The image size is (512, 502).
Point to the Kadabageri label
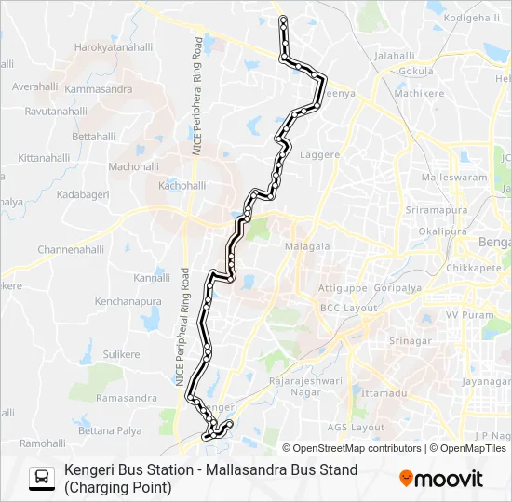83,194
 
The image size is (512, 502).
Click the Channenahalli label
71,250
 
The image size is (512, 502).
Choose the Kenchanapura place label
128,301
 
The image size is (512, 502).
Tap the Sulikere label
121,354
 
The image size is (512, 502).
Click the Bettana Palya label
110,431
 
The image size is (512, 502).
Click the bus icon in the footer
42,478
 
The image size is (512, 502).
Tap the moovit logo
441,479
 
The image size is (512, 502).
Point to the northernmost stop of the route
282,19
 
